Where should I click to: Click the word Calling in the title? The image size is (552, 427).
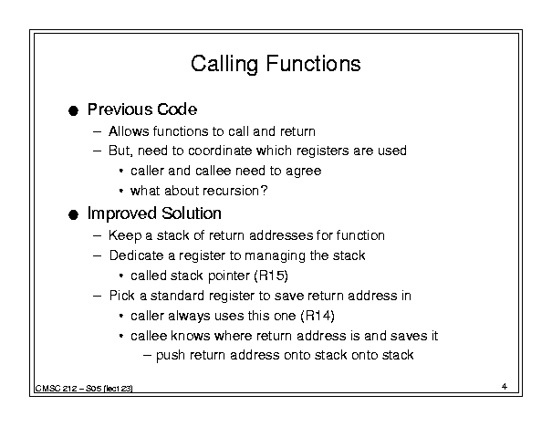click(x=224, y=65)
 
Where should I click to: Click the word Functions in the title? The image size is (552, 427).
click(x=313, y=63)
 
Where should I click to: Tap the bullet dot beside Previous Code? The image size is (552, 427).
click(x=73, y=111)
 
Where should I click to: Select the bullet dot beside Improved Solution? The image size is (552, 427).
click(x=73, y=214)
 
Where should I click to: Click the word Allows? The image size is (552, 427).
click(x=129, y=131)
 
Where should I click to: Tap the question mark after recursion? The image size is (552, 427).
click(x=264, y=191)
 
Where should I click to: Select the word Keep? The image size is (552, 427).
click(x=125, y=235)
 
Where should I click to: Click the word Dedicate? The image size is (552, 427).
click(x=136, y=255)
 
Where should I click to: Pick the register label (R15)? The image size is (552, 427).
click(x=271, y=276)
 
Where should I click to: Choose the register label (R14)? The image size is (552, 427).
click(x=318, y=316)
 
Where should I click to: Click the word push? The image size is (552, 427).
click(x=171, y=356)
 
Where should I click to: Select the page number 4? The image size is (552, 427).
click(x=505, y=387)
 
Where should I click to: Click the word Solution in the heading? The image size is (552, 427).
click(x=192, y=213)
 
